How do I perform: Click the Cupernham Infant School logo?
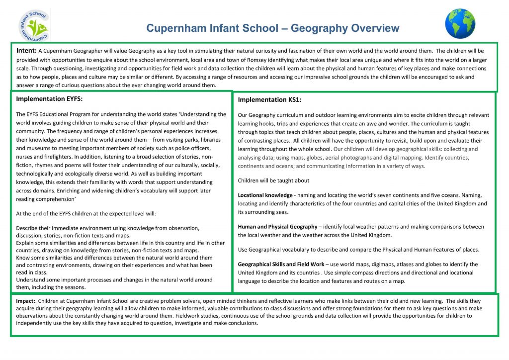click(x=35, y=25)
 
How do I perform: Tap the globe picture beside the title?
click(x=460, y=24)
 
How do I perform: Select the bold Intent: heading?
click(x=26, y=51)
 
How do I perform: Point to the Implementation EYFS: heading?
click(x=49, y=98)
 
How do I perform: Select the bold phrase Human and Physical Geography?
click(x=277, y=227)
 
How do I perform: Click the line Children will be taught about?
click(x=273, y=180)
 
